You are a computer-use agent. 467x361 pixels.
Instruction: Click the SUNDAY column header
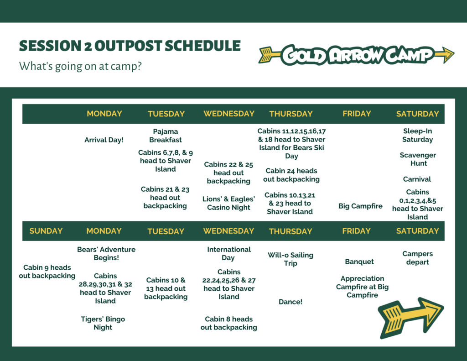[x=46, y=231]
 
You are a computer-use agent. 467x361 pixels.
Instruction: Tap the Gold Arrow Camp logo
[x=356, y=55]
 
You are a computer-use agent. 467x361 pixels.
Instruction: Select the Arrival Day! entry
[x=104, y=140]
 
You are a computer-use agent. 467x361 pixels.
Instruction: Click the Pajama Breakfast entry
[x=166, y=136]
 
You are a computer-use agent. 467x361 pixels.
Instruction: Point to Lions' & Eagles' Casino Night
[x=228, y=203]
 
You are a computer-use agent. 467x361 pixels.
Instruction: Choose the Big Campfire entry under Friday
[x=360, y=206]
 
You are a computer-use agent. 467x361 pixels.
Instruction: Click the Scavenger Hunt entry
[x=418, y=159]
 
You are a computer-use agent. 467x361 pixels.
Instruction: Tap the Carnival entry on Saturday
[x=417, y=179]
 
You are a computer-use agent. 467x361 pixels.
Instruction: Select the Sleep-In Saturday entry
[x=418, y=136]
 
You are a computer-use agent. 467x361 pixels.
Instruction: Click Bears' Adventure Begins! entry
[x=106, y=253]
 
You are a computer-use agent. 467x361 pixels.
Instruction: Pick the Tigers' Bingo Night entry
[x=103, y=323]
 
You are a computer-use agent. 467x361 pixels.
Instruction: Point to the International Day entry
[x=229, y=253]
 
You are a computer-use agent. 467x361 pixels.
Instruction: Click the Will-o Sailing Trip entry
[x=291, y=259]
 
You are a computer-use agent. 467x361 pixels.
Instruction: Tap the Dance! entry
[x=291, y=302]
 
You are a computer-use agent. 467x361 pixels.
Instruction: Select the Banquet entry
[x=359, y=262]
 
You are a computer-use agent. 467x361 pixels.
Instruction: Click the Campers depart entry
[x=418, y=258]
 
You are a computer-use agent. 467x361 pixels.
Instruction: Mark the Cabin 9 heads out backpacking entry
[x=47, y=272]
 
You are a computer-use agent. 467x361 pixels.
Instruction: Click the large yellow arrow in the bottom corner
[x=411, y=318]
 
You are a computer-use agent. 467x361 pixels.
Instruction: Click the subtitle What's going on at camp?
[x=80, y=66]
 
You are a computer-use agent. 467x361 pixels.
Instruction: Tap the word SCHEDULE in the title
[x=202, y=46]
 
